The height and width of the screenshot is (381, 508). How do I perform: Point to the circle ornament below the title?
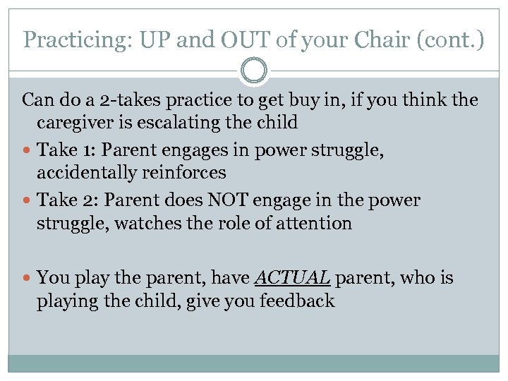coord(254,71)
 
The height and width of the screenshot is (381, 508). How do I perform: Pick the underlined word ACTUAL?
coord(291,278)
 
